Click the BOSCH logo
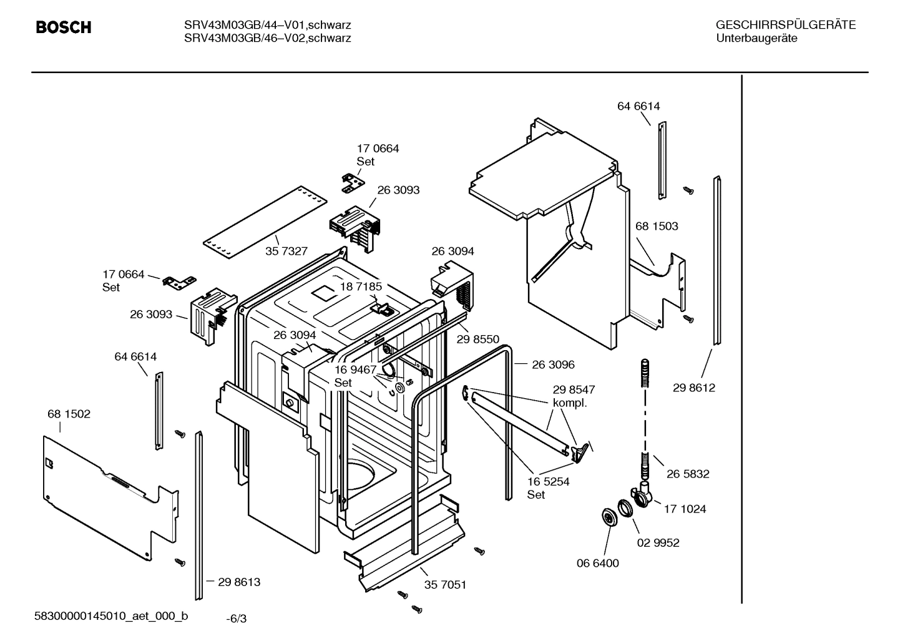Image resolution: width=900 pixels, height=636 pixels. pos(64,27)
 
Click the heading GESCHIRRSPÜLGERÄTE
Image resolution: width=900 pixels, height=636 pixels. pos(785,26)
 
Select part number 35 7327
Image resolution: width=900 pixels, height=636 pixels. pos(286,251)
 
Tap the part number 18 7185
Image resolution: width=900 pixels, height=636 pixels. pos(361,286)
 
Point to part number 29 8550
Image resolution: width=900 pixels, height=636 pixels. pos(478,339)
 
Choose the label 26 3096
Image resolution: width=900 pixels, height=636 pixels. pos(553,364)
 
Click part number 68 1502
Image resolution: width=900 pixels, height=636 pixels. pos(69,414)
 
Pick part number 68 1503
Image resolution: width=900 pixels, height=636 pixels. pos(657,226)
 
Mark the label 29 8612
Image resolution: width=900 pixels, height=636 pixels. pos(694,388)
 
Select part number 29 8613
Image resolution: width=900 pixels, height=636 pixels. pos(239,582)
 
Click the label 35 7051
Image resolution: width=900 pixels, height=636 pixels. pos(445,585)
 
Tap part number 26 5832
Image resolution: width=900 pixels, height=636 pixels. pos(688,474)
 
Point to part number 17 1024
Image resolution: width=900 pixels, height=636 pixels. pos(685,509)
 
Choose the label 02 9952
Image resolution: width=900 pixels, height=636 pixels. pos(658,542)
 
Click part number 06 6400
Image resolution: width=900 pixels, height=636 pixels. pos(597,563)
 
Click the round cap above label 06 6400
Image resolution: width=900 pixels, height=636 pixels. pos(607,518)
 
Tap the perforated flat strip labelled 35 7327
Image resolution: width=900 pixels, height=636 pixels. pos(264,222)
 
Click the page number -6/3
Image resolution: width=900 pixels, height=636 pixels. pos(237,619)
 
